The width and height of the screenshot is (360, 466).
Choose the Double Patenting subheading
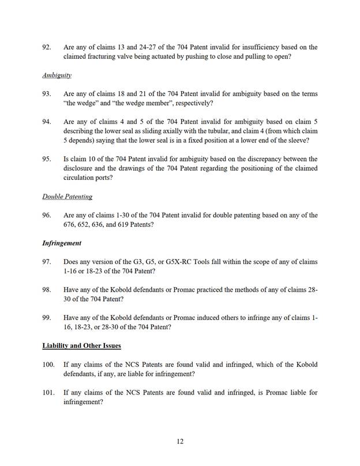[x=67, y=197]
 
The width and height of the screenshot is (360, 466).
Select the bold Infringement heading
[x=61, y=243]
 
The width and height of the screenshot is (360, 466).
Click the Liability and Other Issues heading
[x=81, y=345]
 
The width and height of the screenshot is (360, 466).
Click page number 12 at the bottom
[x=180, y=441]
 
